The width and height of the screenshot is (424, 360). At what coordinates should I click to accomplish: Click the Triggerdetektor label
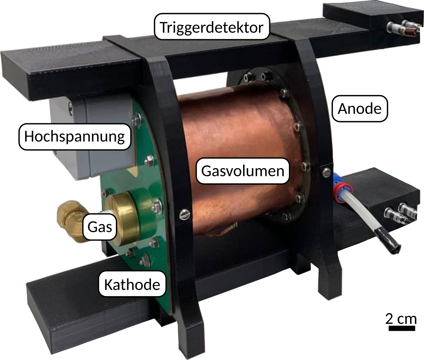(x=212, y=26)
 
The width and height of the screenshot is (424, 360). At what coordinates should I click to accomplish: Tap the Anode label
(x=360, y=108)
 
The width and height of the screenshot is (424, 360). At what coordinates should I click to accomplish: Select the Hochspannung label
(x=75, y=137)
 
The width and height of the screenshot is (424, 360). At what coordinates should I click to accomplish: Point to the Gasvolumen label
(x=243, y=171)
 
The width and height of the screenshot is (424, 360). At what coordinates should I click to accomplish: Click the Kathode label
(x=132, y=284)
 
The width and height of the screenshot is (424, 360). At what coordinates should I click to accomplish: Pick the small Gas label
(x=100, y=227)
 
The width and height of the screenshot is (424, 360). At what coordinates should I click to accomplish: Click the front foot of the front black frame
(x=190, y=338)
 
